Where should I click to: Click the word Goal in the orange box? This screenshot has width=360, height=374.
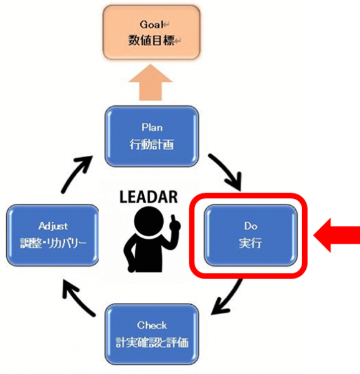coord(151,24)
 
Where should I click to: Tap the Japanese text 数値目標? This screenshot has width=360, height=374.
coord(151,40)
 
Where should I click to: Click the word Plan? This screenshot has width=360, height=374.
coord(152,127)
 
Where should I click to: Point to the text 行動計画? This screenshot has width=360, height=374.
coord(152,145)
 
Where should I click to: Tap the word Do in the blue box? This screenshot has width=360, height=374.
coord(250,226)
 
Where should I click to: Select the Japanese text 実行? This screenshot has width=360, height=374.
coord(250,243)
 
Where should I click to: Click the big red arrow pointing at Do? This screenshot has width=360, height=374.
coord(337,235)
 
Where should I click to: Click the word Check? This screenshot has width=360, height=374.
coord(152,325)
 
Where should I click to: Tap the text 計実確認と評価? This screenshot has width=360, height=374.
coord(152,342)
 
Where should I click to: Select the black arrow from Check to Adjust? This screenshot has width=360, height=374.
coord(77,298)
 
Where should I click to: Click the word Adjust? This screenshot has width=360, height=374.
coord(53,226)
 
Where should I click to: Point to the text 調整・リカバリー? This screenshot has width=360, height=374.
coord(53,243)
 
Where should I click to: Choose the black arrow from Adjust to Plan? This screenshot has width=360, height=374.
coord(76,174)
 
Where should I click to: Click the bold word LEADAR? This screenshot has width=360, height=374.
coord(148,197)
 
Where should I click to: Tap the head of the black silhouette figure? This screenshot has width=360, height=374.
coord(149,221)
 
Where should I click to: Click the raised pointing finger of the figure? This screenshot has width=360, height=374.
coord(174,220)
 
